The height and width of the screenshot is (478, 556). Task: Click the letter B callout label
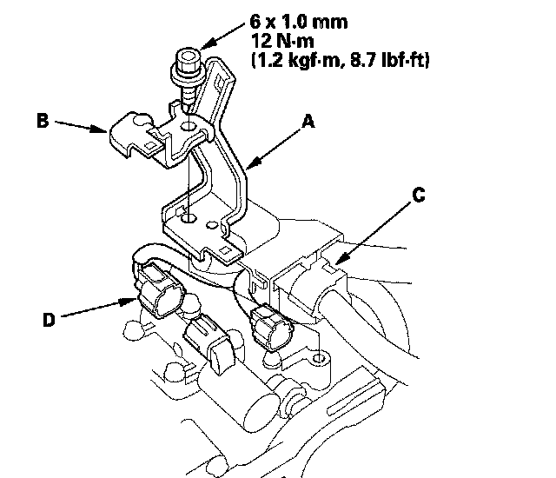42,123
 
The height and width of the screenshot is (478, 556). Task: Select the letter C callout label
418,196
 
